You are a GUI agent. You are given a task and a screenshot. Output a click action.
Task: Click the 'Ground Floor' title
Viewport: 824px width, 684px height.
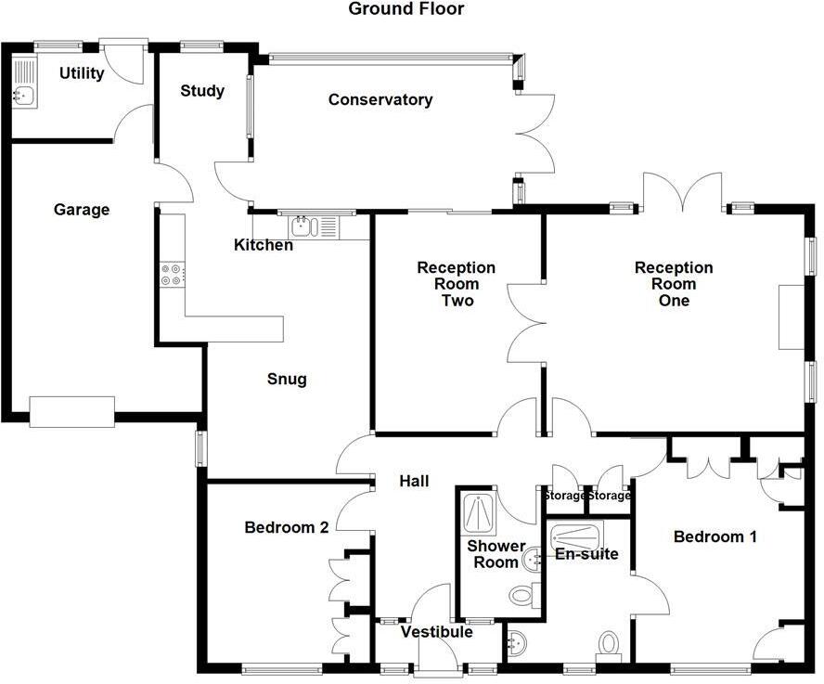(x=406, y=9)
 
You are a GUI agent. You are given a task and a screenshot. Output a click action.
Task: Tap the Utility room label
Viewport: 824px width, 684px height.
(x=82, y=73)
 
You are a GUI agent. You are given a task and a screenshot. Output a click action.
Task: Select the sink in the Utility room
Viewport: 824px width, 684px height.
(x=24, y=94)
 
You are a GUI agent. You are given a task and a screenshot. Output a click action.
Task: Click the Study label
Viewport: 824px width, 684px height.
(x=201, y=91)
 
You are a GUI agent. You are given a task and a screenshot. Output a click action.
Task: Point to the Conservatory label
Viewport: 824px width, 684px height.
(x=380, y=99)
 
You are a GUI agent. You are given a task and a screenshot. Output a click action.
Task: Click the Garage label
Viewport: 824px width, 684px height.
(x=81, y=210)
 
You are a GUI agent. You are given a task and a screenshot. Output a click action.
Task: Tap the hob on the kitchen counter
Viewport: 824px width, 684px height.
(x=173, y=274)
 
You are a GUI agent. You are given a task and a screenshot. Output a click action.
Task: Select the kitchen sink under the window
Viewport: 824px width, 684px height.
(x=305, y=226)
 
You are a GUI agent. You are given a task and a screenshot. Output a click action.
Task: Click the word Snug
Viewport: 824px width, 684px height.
(x=286, y=380)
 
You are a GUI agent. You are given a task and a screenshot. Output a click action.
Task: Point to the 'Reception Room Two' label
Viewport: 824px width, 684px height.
(x=456, y=284)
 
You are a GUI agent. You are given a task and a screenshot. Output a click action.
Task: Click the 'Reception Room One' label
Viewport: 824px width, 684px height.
(x=674, y=284)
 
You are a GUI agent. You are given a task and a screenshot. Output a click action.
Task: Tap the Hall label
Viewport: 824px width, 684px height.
(x=414, y=481)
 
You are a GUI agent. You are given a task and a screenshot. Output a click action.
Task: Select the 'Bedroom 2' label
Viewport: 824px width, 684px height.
(x=287, y=528)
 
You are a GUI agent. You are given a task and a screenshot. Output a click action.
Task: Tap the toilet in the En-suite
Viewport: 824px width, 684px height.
(x=609, y=644)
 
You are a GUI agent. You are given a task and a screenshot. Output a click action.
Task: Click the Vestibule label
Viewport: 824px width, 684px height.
(x=436, y=632)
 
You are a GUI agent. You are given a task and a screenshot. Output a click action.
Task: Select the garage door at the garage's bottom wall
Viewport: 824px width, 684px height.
(x=71, y=411)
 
